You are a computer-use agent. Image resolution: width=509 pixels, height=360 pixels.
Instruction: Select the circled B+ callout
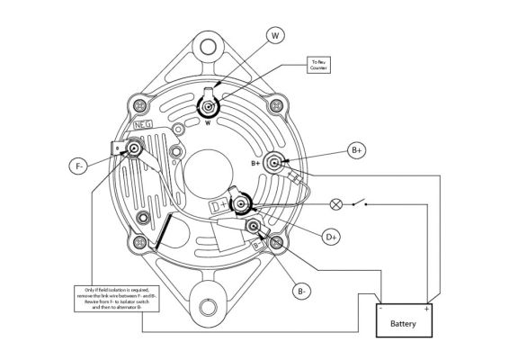pos(356,151)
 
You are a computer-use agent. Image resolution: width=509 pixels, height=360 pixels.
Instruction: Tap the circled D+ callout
pos(332,236)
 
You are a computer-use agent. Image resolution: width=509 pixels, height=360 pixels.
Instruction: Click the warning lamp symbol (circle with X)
pos(336,203)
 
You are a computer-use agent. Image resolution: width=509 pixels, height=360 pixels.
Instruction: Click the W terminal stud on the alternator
pos(209,108)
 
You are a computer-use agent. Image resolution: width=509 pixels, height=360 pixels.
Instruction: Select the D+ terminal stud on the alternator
pos(241,206)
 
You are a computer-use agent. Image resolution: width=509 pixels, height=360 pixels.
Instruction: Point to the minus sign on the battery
pos(382,309)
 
